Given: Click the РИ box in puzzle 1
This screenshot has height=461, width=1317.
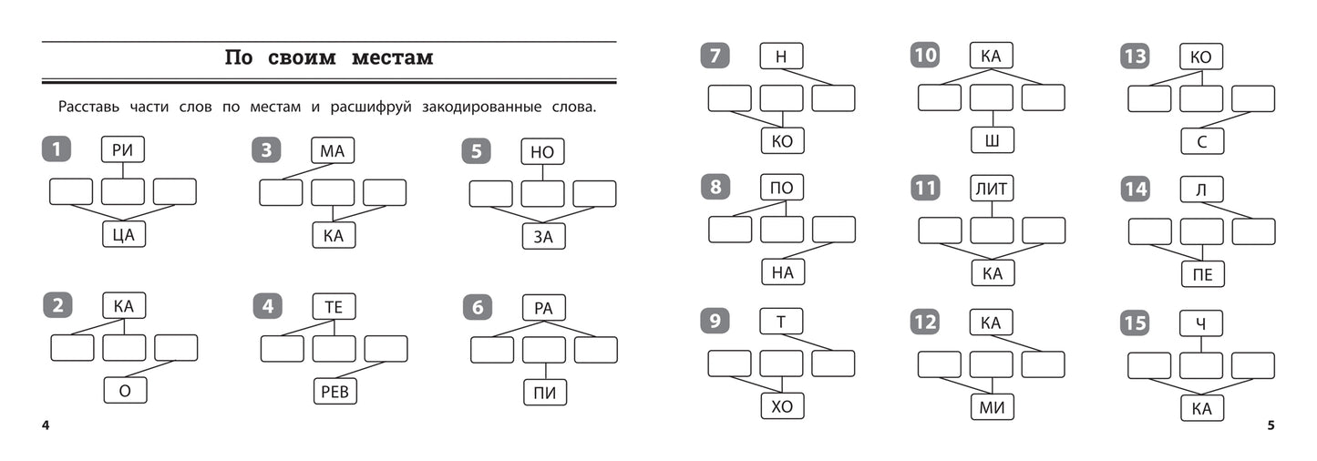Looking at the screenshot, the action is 123,150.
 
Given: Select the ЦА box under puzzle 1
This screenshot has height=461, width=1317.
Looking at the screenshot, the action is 123,235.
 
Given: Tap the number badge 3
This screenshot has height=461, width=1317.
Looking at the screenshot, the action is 266,150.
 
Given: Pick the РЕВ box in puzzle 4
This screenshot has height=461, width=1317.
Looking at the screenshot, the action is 334,391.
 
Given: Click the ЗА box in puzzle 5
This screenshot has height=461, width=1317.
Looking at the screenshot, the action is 543,236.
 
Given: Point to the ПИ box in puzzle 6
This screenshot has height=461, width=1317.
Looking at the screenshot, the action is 545,392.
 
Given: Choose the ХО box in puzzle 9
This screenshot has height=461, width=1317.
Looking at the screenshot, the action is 782,405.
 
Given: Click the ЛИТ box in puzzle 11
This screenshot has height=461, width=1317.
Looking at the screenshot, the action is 992,189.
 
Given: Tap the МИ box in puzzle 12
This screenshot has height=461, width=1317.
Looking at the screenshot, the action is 992,407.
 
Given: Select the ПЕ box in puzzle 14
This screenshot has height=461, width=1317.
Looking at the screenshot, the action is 1202,274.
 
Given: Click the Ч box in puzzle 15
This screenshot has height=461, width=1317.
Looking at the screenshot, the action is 1201,323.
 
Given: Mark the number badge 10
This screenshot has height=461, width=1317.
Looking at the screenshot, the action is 925,56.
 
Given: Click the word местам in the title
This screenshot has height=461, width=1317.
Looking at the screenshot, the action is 392,57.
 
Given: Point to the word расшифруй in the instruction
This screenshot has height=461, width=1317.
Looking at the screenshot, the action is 371,107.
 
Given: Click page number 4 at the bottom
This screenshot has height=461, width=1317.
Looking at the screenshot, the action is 46,425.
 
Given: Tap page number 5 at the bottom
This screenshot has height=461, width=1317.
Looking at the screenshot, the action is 1271,425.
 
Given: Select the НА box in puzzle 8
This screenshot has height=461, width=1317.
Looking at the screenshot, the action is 783,272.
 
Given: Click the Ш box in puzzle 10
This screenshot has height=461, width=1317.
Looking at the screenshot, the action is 992,140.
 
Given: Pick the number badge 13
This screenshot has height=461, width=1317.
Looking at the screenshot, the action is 1136,56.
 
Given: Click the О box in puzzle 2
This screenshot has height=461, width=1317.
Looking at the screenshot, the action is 125,391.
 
